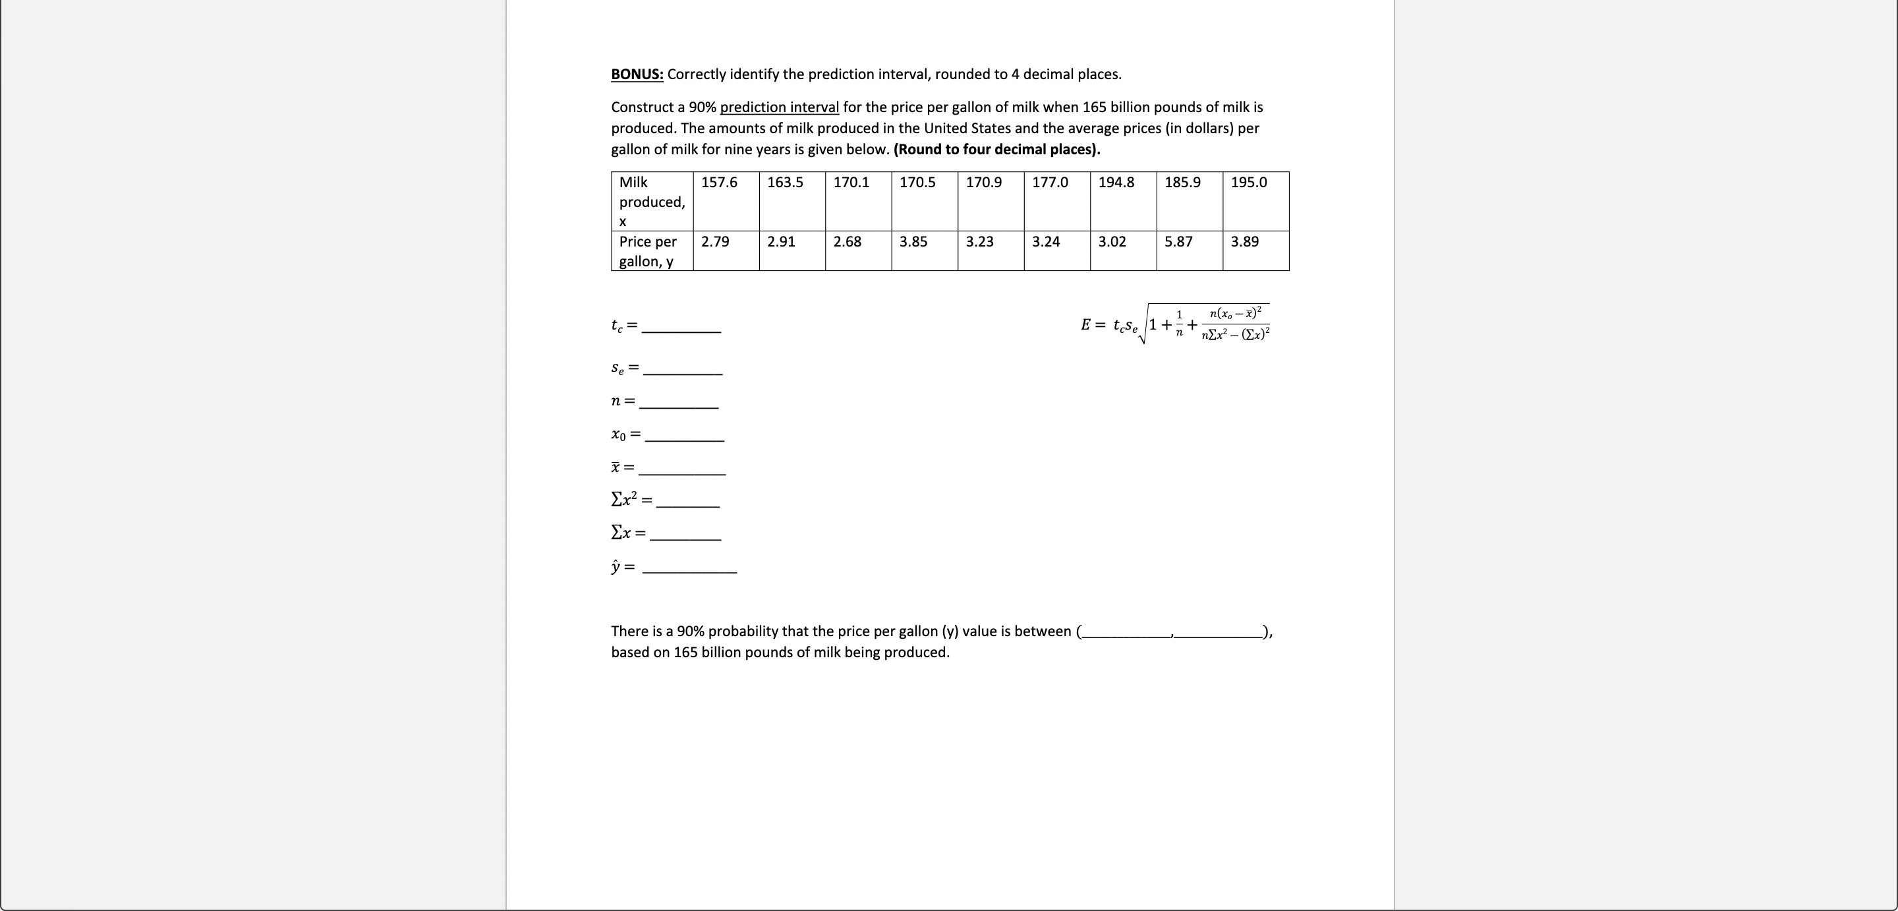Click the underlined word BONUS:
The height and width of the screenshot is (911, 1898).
coord(637,74)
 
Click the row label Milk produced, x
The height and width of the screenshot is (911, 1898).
coord(651,201)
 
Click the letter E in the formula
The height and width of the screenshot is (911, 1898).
coord(1086,325)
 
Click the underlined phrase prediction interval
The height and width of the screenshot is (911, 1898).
coord(779,107)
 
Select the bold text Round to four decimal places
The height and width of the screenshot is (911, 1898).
coord(996,150)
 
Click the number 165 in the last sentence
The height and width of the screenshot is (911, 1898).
coord(685,653)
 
